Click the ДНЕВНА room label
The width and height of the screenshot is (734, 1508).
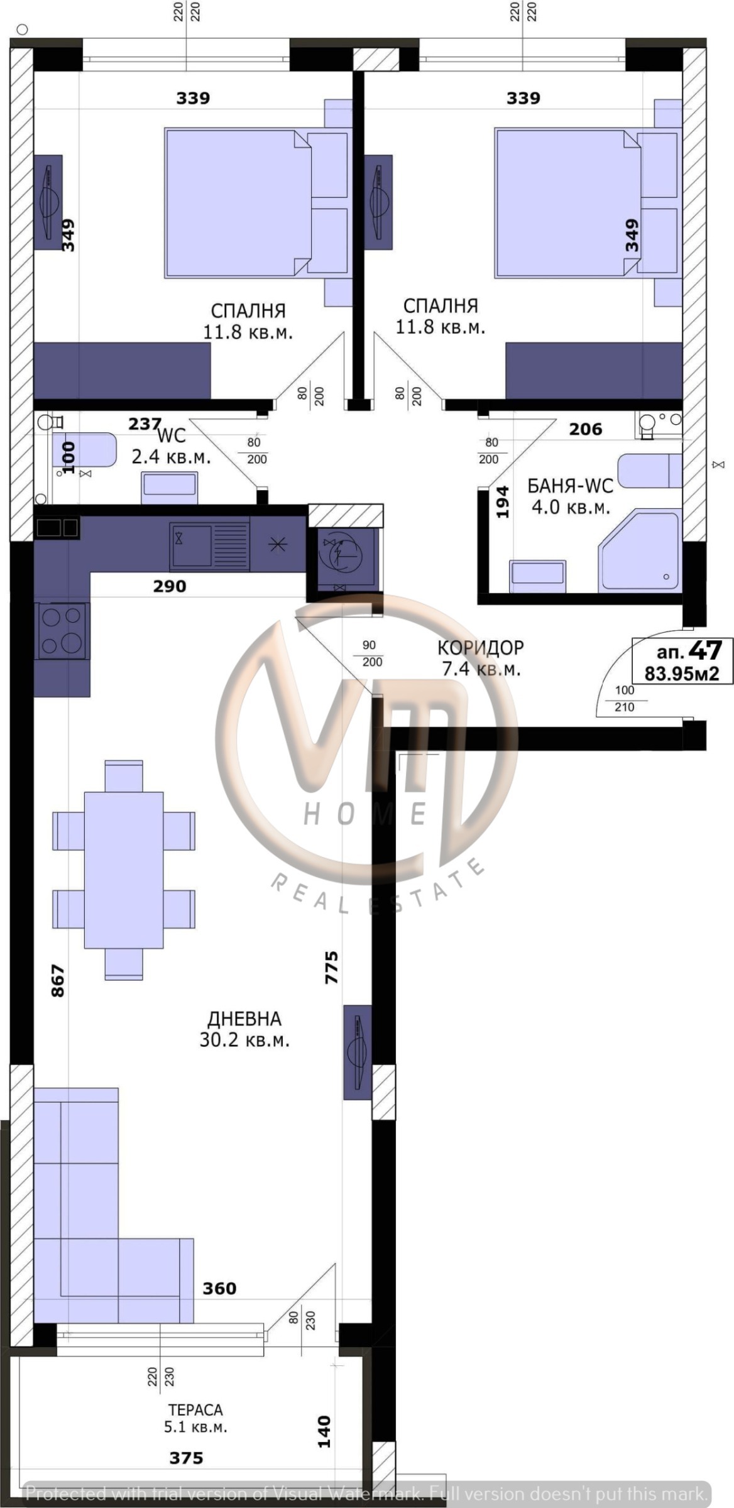(244, 1019)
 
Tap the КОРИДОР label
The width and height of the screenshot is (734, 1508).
(480, 647)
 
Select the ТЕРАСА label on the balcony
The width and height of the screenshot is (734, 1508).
(195, 1410)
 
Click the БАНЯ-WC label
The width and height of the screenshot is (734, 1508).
(570, 486)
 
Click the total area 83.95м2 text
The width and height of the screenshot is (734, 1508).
(682, 674)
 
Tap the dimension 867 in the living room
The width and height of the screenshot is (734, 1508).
(57, 981)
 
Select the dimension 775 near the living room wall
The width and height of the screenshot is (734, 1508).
(331, 967)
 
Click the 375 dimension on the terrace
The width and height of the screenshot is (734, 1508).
(186, 1458)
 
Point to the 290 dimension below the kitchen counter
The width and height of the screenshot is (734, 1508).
(170, 586)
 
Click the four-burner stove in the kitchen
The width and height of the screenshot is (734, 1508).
(62, 630)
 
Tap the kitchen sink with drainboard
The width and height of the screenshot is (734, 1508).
(209, 545)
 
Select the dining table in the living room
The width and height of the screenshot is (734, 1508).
(124, 870)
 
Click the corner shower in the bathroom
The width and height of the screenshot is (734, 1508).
(640, 551)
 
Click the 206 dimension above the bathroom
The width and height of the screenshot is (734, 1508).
(586, 429)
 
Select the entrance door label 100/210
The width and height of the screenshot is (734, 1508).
(625, 698)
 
